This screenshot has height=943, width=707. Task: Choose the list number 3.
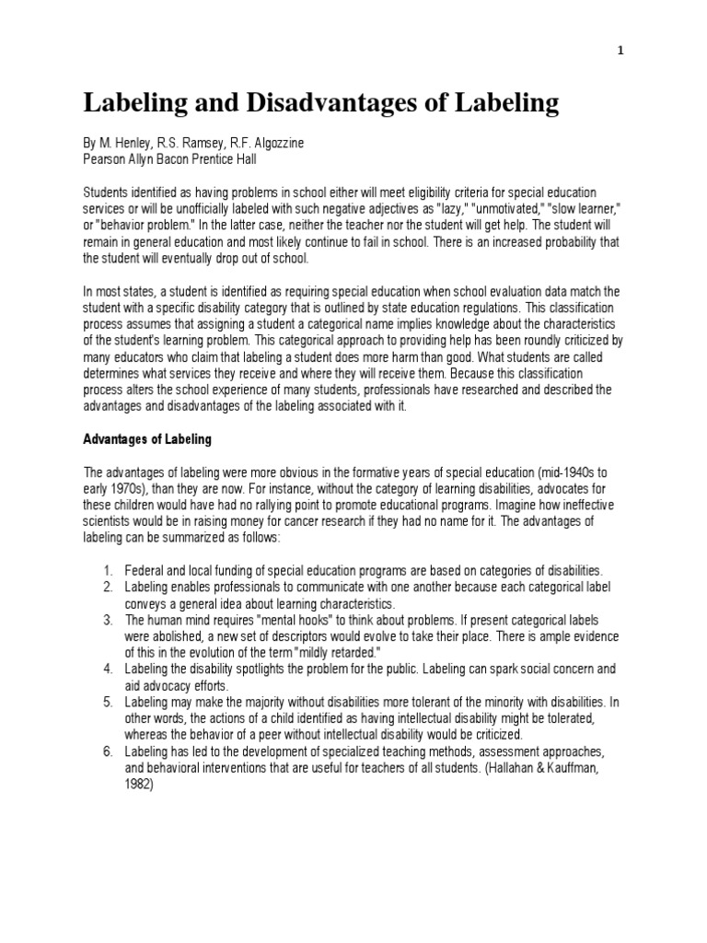point(107,621)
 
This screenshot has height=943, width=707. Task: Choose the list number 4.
point(107,669)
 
